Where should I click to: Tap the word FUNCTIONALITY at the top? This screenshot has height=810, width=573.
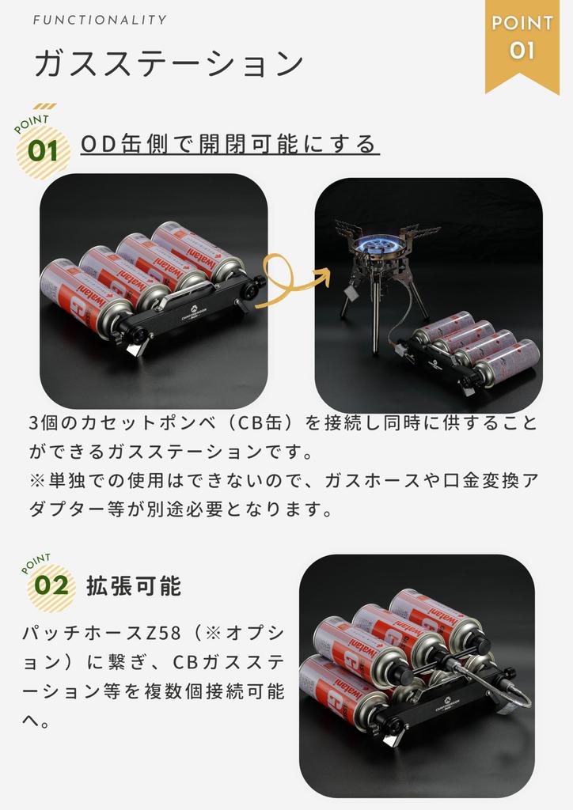pos(100,20)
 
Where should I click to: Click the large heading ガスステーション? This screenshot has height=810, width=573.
pos(169,63)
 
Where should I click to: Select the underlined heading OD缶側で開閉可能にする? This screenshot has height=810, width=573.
pos(230,144)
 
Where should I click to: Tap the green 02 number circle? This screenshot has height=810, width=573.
pos(51,586)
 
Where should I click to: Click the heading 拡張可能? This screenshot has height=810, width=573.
pos(134,586)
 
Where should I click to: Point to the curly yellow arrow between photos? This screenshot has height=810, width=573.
pos(290,282)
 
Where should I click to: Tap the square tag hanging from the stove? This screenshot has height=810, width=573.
pos(351,293)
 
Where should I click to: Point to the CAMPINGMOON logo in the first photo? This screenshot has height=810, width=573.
pos(194,313)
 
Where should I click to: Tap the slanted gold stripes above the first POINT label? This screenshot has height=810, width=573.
pos(45,107)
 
